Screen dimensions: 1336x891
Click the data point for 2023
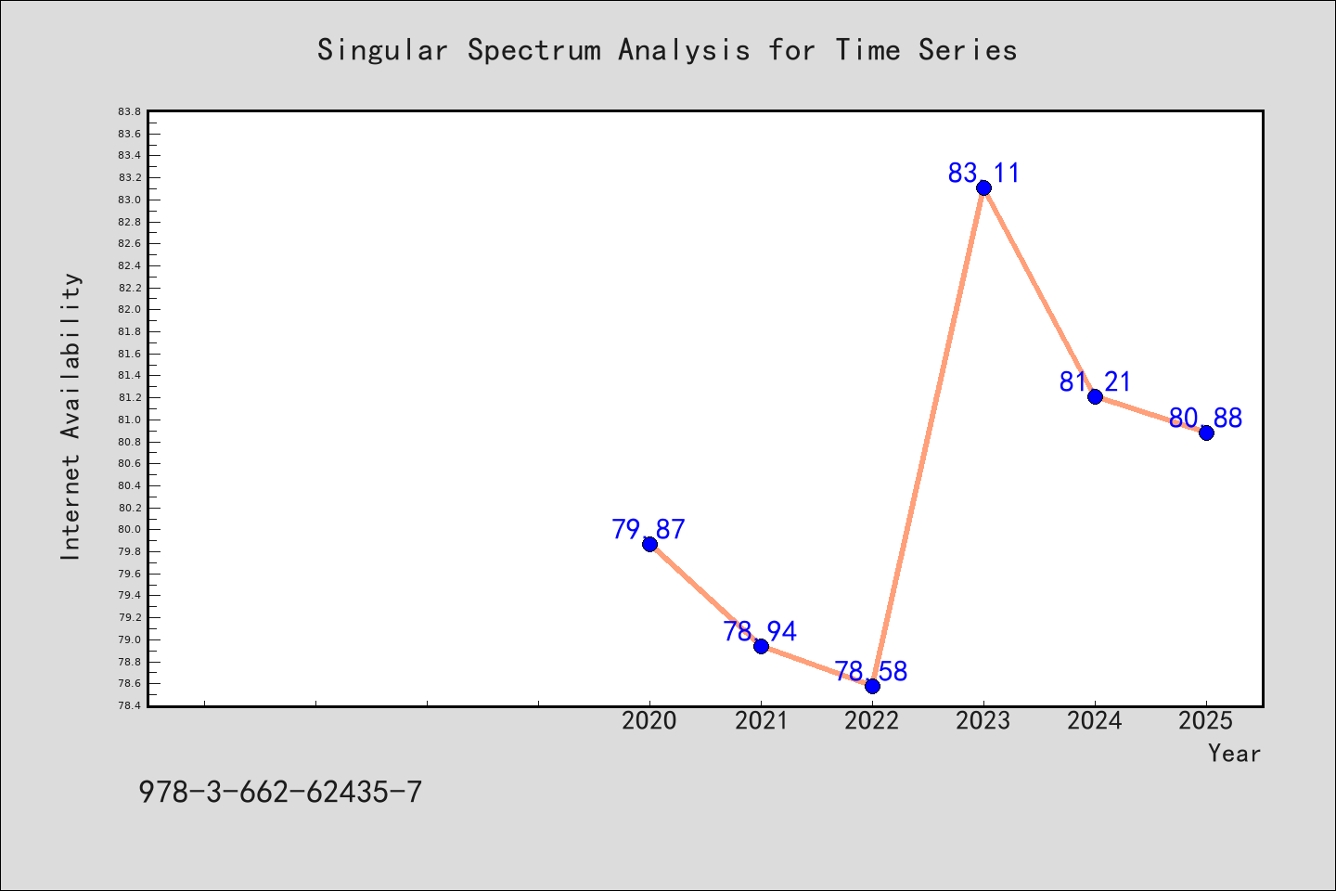983,188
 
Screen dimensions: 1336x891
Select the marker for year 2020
649,544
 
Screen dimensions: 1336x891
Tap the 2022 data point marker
872,686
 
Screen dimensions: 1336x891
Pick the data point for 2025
1206,433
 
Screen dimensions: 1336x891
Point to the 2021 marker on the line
761,646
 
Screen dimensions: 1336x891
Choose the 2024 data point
1095,396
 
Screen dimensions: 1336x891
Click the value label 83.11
983,173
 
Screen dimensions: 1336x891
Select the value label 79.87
649,529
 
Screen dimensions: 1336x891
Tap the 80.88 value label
1205,418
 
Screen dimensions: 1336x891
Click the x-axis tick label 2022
872,721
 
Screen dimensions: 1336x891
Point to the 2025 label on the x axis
1206,721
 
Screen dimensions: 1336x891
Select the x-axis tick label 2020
649,721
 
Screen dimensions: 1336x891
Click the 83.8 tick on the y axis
130,111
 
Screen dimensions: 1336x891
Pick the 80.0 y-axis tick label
130,529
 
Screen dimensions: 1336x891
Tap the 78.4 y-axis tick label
130,705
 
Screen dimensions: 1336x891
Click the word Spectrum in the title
534,50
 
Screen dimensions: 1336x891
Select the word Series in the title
968,49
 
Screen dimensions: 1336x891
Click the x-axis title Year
1234,753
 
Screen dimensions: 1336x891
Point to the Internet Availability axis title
71,417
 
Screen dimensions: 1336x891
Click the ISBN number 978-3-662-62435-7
280,793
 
